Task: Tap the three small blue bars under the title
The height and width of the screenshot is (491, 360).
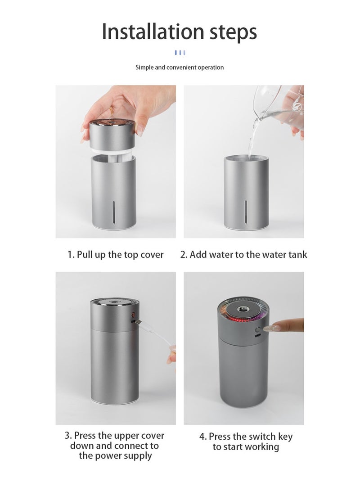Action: pos(180,53)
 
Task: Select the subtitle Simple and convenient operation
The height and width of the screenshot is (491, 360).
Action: pos(180,68)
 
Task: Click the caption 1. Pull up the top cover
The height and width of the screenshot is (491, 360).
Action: pos(116,255)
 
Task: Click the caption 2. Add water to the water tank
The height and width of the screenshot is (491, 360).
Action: pos(243,255)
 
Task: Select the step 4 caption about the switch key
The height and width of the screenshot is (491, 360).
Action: pos(246,441)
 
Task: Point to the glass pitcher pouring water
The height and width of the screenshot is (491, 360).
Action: pos(279,106)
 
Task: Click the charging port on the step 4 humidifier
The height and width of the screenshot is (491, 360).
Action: pos(257,336)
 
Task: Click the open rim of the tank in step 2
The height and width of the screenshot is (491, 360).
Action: pos(246,158)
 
